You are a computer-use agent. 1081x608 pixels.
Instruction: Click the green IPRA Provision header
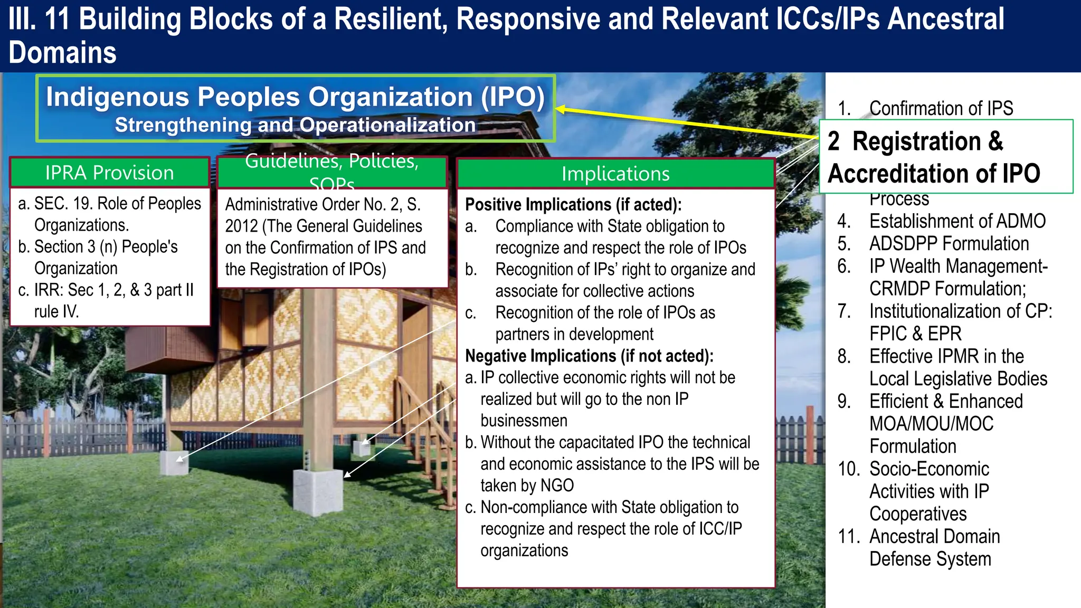click(x=109, y=173)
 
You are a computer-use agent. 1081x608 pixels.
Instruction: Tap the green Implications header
click(x=615, y=174)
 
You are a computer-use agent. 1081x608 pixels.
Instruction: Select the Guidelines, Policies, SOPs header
click(x=332, y=173)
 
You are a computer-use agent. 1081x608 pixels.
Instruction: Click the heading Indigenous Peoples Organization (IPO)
click(x=295, y=97)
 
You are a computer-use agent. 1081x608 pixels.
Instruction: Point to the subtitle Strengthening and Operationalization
click(x=295, y=125)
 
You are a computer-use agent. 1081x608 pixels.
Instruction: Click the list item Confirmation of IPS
click(x=941, y=108)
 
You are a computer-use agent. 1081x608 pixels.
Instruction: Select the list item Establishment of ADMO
click(x=957, y=221)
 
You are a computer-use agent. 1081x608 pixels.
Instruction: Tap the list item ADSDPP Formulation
click(x=949, y=244)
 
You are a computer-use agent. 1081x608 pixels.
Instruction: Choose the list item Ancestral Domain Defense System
click(x=934, y=547)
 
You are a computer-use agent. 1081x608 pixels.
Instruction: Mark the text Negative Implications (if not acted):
click(x=589, y=356)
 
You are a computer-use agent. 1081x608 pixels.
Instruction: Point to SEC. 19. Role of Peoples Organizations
click(x=117, y=214)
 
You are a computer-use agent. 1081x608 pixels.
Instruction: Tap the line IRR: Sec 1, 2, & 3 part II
click(x=113, y=290)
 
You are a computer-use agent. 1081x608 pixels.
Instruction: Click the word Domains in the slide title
click(x=62, y=53)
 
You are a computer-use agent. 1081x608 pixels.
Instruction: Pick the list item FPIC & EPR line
click(x=915, y=334)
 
